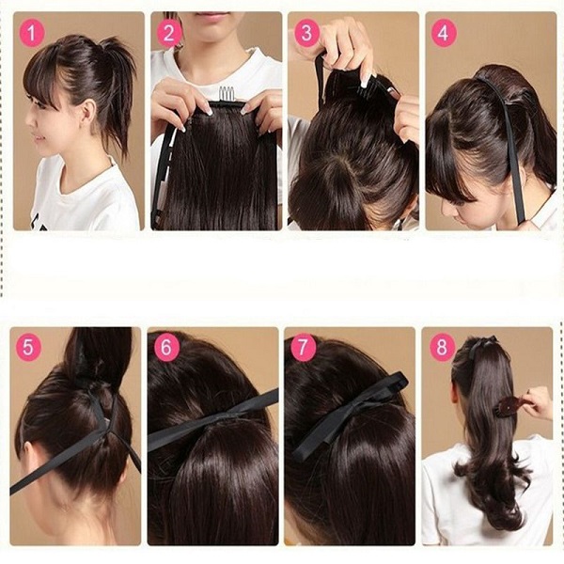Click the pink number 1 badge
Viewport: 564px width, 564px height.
[33, 34]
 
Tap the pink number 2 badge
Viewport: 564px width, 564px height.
[170, 34]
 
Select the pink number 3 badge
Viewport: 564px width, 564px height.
[306, 34]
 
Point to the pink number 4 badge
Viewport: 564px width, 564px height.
[443, 34]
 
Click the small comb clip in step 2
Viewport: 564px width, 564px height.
[226, 96]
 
